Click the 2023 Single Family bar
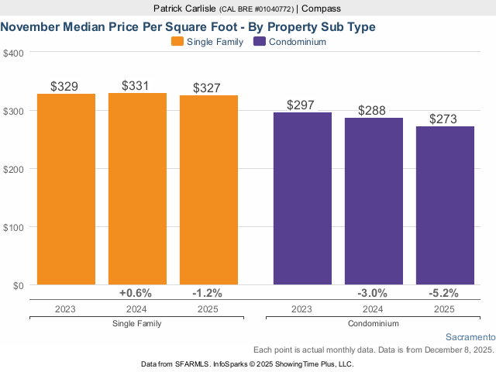coord(66,189)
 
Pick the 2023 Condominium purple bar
coord(302,198)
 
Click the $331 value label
coord(137,84)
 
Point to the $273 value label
coord(445,118)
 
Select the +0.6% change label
coord(136,293)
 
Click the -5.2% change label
coord(444,293)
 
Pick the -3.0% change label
coord(373,293)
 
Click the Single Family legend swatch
coord(177,42)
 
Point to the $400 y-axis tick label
coord(14,53)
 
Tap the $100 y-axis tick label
coord(14,227)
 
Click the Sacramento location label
coord(470,337)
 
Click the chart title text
coord(188,26)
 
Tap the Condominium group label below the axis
coord(374,323)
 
